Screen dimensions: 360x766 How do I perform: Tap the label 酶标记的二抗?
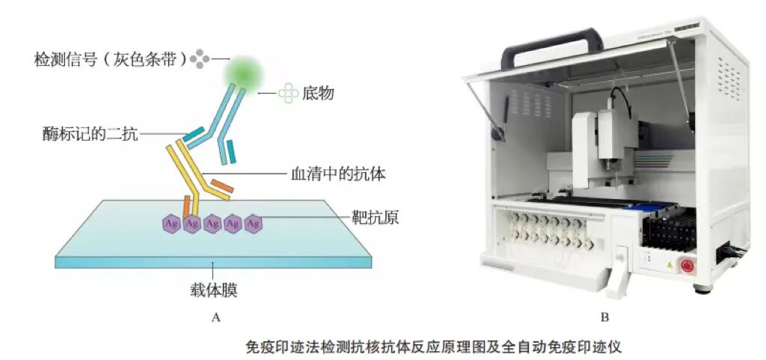click(x=91, y=135)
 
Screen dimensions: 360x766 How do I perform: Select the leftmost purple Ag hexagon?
click(x=171, y=222)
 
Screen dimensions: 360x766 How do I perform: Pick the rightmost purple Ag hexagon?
click(x=253, y=222)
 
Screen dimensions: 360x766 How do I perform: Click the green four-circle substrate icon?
click(x=288, y=94)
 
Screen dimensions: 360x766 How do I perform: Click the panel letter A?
click(x=215, y=317)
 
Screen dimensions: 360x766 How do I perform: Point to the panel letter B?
click(x=605, y=317)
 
